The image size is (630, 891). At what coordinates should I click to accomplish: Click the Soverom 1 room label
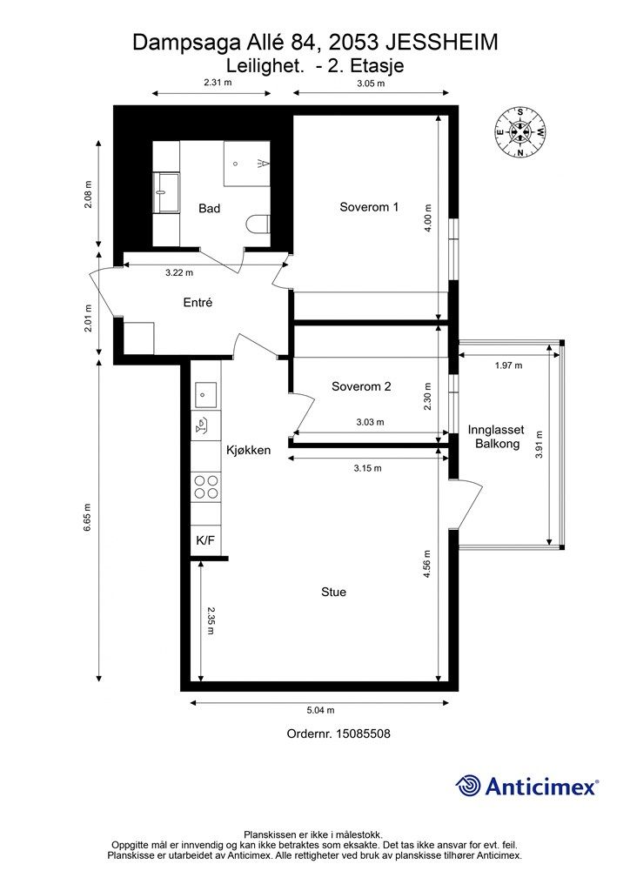(369, 207)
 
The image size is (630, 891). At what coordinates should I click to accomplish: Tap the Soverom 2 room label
(361, 386)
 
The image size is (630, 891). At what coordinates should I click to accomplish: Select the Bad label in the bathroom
(209, 209)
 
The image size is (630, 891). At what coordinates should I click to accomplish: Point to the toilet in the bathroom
(258, 224)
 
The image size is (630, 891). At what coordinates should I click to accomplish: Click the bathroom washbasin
(166, 191)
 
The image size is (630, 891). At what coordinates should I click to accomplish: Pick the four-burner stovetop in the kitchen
(205, 487)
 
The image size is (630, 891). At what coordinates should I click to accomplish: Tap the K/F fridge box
(205, 539)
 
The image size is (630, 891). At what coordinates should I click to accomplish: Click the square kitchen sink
(205, 395)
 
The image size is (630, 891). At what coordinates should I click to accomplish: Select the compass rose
(519, 132)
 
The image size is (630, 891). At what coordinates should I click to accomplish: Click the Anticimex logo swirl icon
(468, 786)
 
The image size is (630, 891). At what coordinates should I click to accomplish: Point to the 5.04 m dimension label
(320, 710)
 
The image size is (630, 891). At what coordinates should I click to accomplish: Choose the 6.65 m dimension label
(87, 518)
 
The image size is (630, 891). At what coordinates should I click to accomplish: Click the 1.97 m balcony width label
(508, 365)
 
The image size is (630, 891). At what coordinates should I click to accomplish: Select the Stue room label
(333, 592)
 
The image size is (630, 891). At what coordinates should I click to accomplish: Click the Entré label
(198, 303)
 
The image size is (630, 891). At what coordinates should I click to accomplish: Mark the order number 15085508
(363, 734)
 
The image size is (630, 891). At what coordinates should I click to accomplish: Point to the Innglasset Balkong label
(496, 437)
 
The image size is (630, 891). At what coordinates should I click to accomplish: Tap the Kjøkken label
(248, 450)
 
